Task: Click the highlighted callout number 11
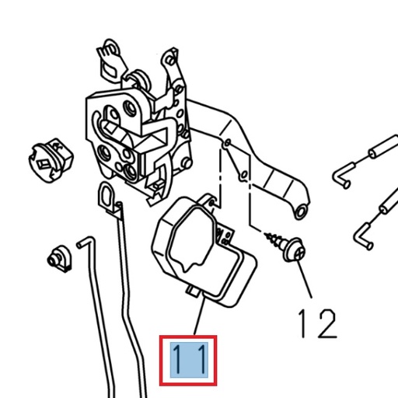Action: tap(187, 360)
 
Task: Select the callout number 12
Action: tap(317, 322)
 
